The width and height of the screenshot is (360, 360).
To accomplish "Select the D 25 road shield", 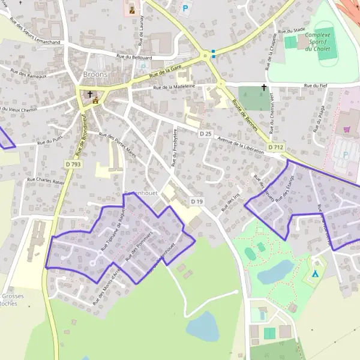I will (x=206, y=133).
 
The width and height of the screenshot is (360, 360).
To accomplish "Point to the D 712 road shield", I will (x=276, y=147).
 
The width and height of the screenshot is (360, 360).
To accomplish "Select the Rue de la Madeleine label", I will (x=174, y=87).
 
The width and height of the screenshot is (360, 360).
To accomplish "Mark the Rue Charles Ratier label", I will (x=45, y=179).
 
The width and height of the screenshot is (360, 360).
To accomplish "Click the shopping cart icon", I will (x=347, y=129).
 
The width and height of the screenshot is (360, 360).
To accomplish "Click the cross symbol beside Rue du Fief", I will (x=263, y=88).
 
